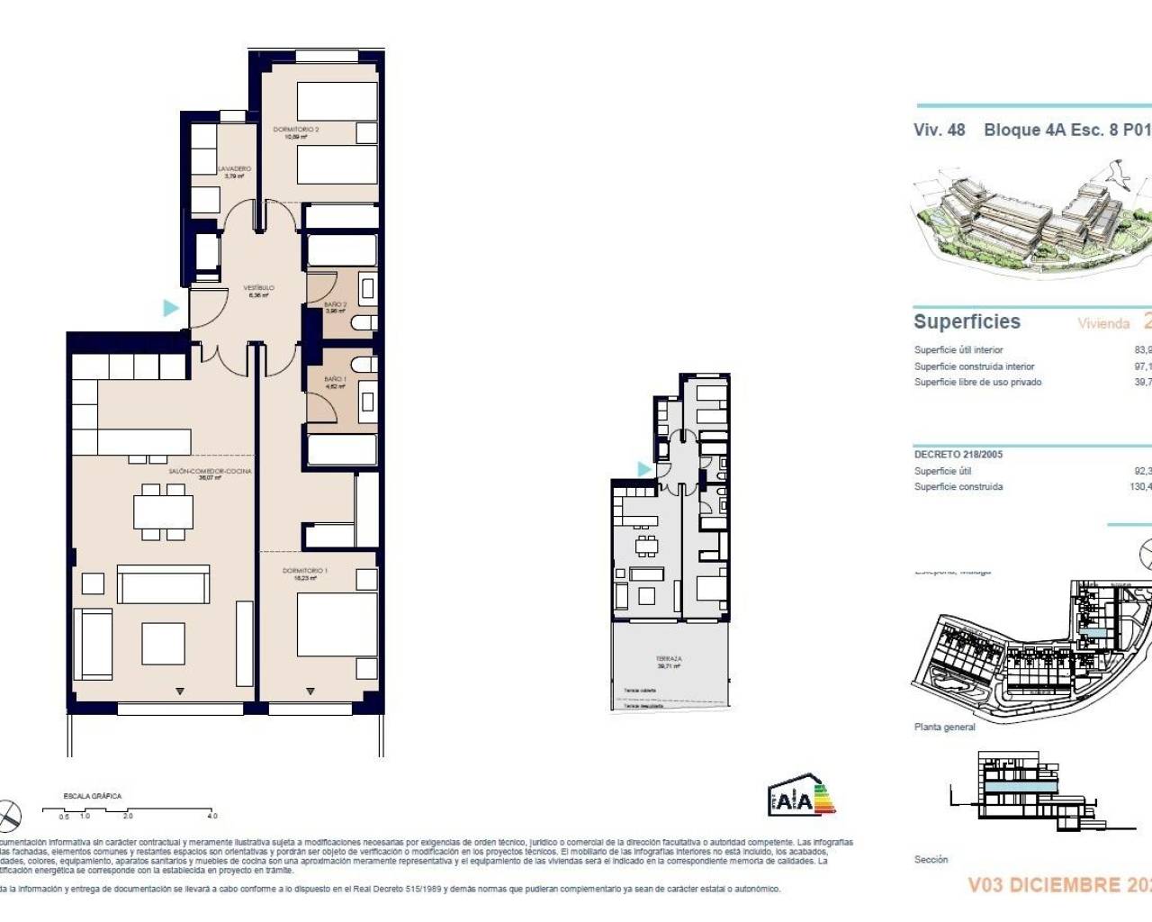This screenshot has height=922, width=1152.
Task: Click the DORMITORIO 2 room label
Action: [x=296, y=130]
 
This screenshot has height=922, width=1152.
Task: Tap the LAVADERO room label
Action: [x=235, y=169]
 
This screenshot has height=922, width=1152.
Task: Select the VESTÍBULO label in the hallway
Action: [x=258, y=288]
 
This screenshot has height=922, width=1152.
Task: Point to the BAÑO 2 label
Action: [x=335, y=305]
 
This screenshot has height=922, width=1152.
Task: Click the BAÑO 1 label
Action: [x=335, y=380]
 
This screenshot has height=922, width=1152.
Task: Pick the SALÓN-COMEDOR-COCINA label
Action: [x=210, y=471]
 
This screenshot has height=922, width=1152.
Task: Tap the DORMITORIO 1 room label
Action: [x=304, y=571]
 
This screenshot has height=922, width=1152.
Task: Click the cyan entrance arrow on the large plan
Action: [x=170, y=308]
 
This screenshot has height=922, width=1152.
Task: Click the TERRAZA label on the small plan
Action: [x=669, y=659]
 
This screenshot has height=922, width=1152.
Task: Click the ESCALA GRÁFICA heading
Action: [x=92, y=796]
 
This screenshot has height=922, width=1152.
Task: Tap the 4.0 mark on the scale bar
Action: [x=211, y=816]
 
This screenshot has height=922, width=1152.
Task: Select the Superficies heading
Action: [x=967, y=321]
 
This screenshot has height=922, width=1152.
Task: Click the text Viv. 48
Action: [x=939, y=130]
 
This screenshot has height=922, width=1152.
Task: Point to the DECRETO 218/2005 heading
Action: [x=958, y=454]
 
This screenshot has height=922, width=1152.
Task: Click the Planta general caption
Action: [x=944, y=727]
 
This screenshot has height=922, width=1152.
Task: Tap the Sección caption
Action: [x=931, y=859]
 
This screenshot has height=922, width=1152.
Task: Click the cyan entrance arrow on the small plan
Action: [x=643, y=469]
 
